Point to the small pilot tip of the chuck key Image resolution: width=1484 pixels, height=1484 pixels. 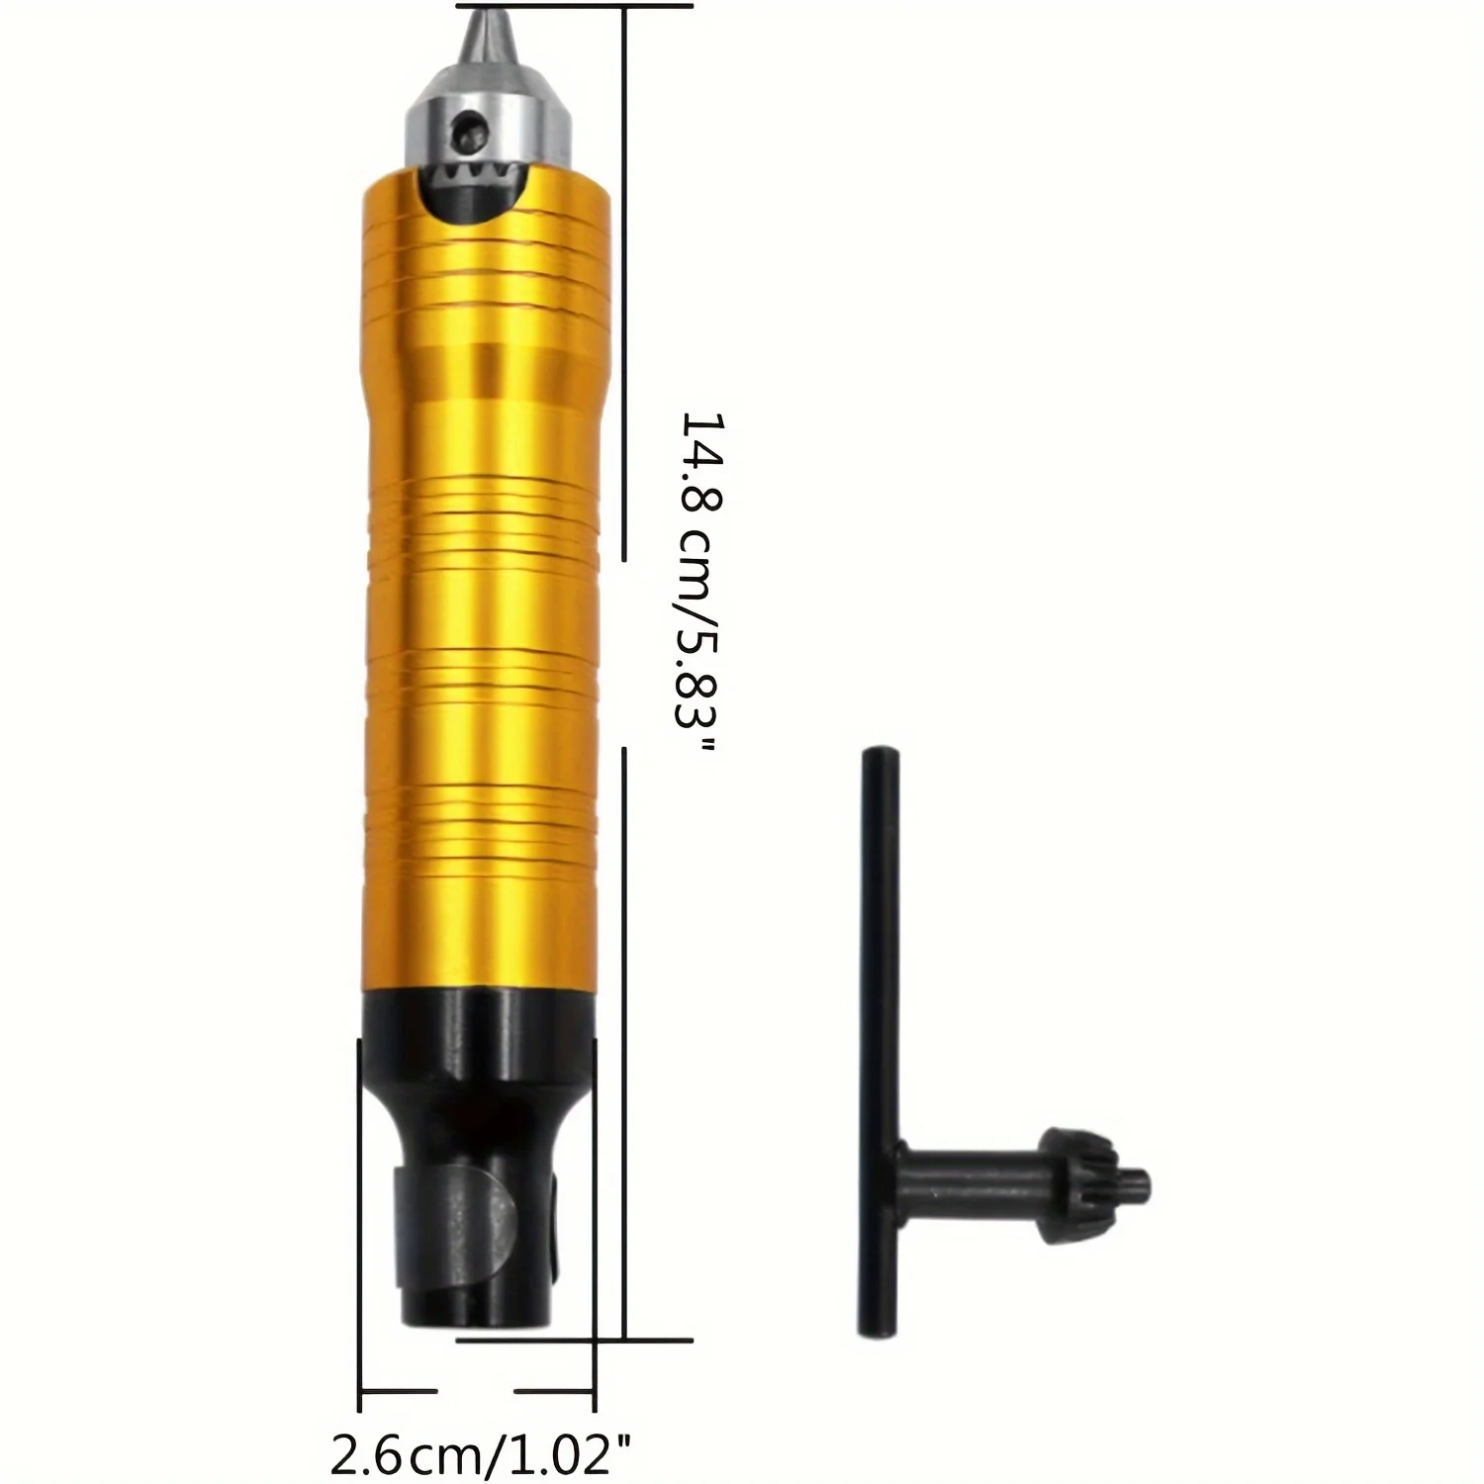click(x=1138, y=1180)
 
